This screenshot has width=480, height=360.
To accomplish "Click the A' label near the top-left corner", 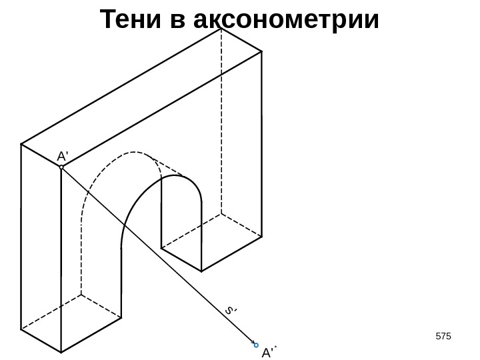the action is coord(63,156).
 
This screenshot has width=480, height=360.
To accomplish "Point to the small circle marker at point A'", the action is coord(61,167).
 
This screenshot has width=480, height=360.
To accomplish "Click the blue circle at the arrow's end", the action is coord(256,345).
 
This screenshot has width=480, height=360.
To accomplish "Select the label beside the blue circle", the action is coord(269,352).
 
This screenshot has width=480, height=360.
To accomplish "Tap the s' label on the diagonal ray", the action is coord(231,310).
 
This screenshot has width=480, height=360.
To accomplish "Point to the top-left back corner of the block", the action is coord(21,143).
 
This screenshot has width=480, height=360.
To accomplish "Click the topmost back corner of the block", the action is coord(221,28).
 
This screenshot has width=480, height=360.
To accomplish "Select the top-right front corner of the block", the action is coord(261,51).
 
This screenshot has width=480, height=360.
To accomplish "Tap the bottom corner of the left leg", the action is coord(61,352).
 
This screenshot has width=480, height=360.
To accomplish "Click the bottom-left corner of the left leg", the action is coord(21,329).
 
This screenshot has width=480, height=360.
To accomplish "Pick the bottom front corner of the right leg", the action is coord(201,271).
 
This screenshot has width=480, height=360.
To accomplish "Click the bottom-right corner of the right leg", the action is coord(261,237).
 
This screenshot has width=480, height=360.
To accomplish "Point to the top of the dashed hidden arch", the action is coord(137,154).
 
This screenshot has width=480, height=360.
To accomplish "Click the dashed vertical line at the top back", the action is coord(221,120).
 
